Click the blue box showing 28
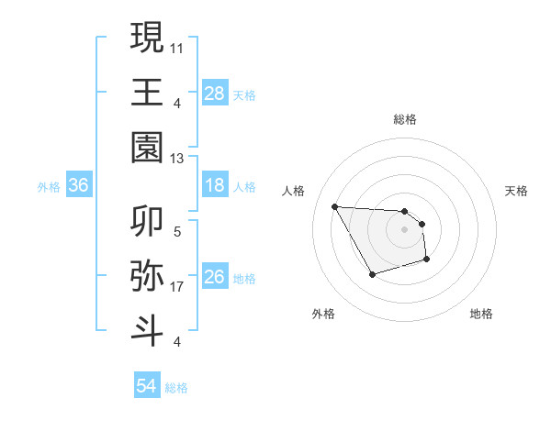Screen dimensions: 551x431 coord(215,93)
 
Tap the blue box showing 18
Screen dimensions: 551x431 coord(215,186)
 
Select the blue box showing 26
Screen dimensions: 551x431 coord(215,278)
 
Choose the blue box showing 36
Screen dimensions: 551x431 coord(79,186)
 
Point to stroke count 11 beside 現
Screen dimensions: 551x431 coord(178,46)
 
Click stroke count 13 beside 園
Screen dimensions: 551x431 coord(178,159)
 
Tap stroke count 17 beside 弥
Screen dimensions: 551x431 coord(178,287)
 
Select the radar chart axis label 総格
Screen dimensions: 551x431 coord(405,119)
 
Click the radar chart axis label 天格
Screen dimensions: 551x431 coord(517,191)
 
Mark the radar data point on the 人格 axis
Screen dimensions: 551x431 coord(335,205)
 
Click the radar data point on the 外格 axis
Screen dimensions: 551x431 coord(372,274)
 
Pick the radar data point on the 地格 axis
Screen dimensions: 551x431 coord(427,260)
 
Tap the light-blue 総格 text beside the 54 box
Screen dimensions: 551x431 coord(176,388)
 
